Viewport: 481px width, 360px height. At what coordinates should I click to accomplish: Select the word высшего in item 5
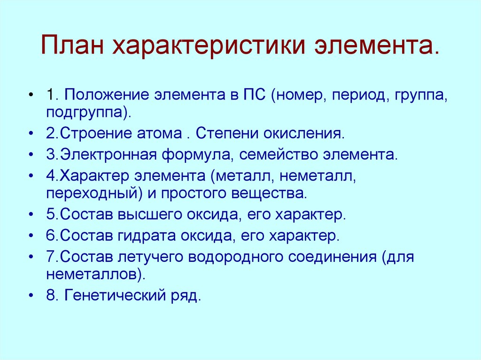(146, 214)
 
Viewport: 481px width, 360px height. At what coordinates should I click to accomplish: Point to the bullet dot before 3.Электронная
(31, 154)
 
